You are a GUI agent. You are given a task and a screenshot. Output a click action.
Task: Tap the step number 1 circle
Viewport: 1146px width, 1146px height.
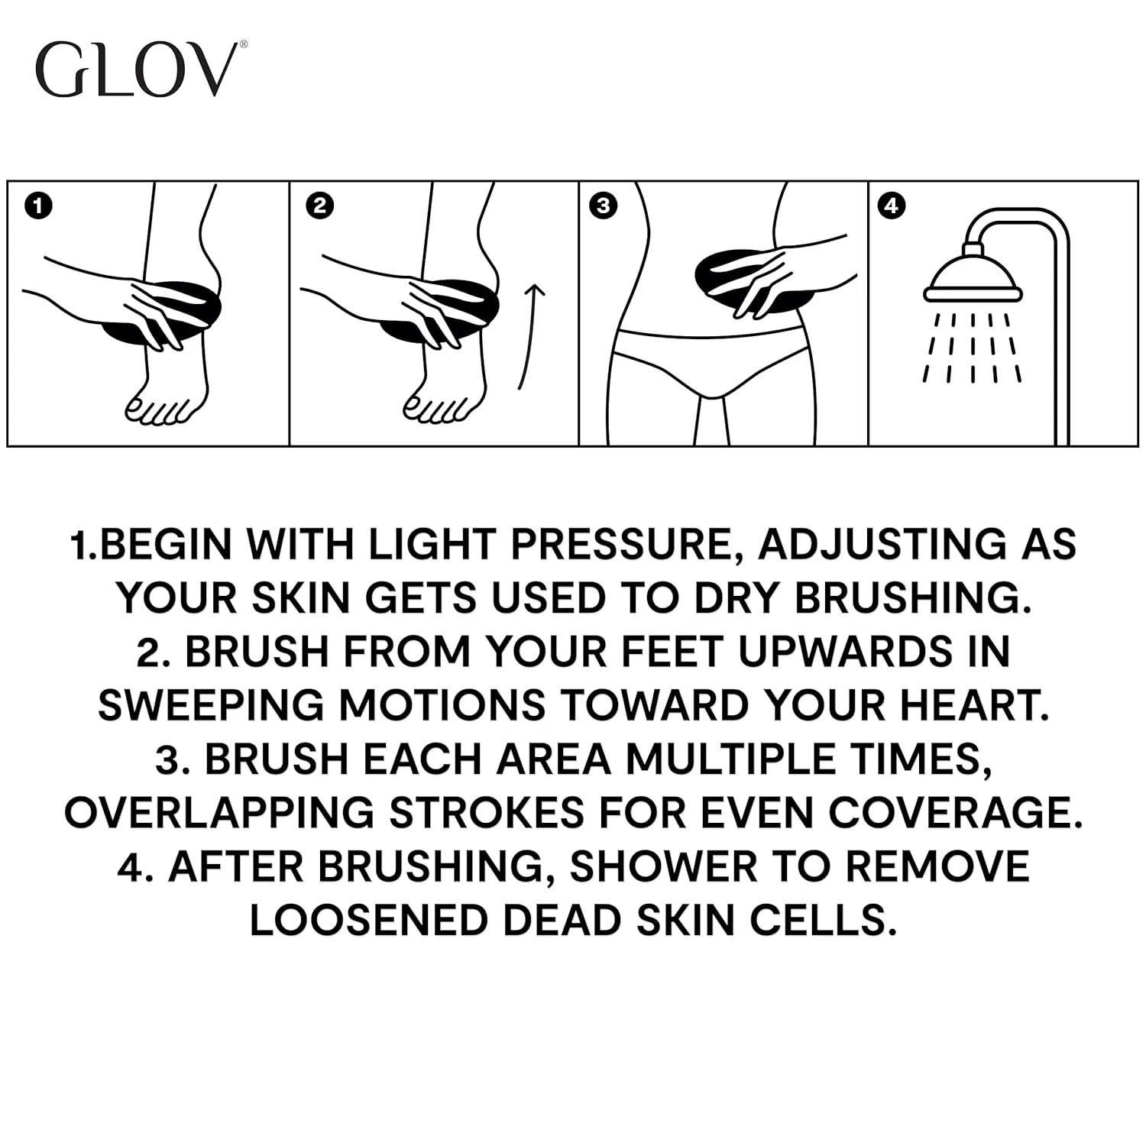point(38,206)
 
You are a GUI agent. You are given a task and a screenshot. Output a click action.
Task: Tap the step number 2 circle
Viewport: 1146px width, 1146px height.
point(319,206)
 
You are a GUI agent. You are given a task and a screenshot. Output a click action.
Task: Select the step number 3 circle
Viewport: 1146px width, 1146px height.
point(604,206)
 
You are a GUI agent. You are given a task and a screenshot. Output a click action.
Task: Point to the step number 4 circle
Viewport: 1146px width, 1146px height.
point(892,206)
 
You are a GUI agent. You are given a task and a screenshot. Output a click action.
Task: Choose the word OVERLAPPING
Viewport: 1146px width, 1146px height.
point(219,813)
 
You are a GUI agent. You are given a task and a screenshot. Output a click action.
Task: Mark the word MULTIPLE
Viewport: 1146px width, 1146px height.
point(730,759)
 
